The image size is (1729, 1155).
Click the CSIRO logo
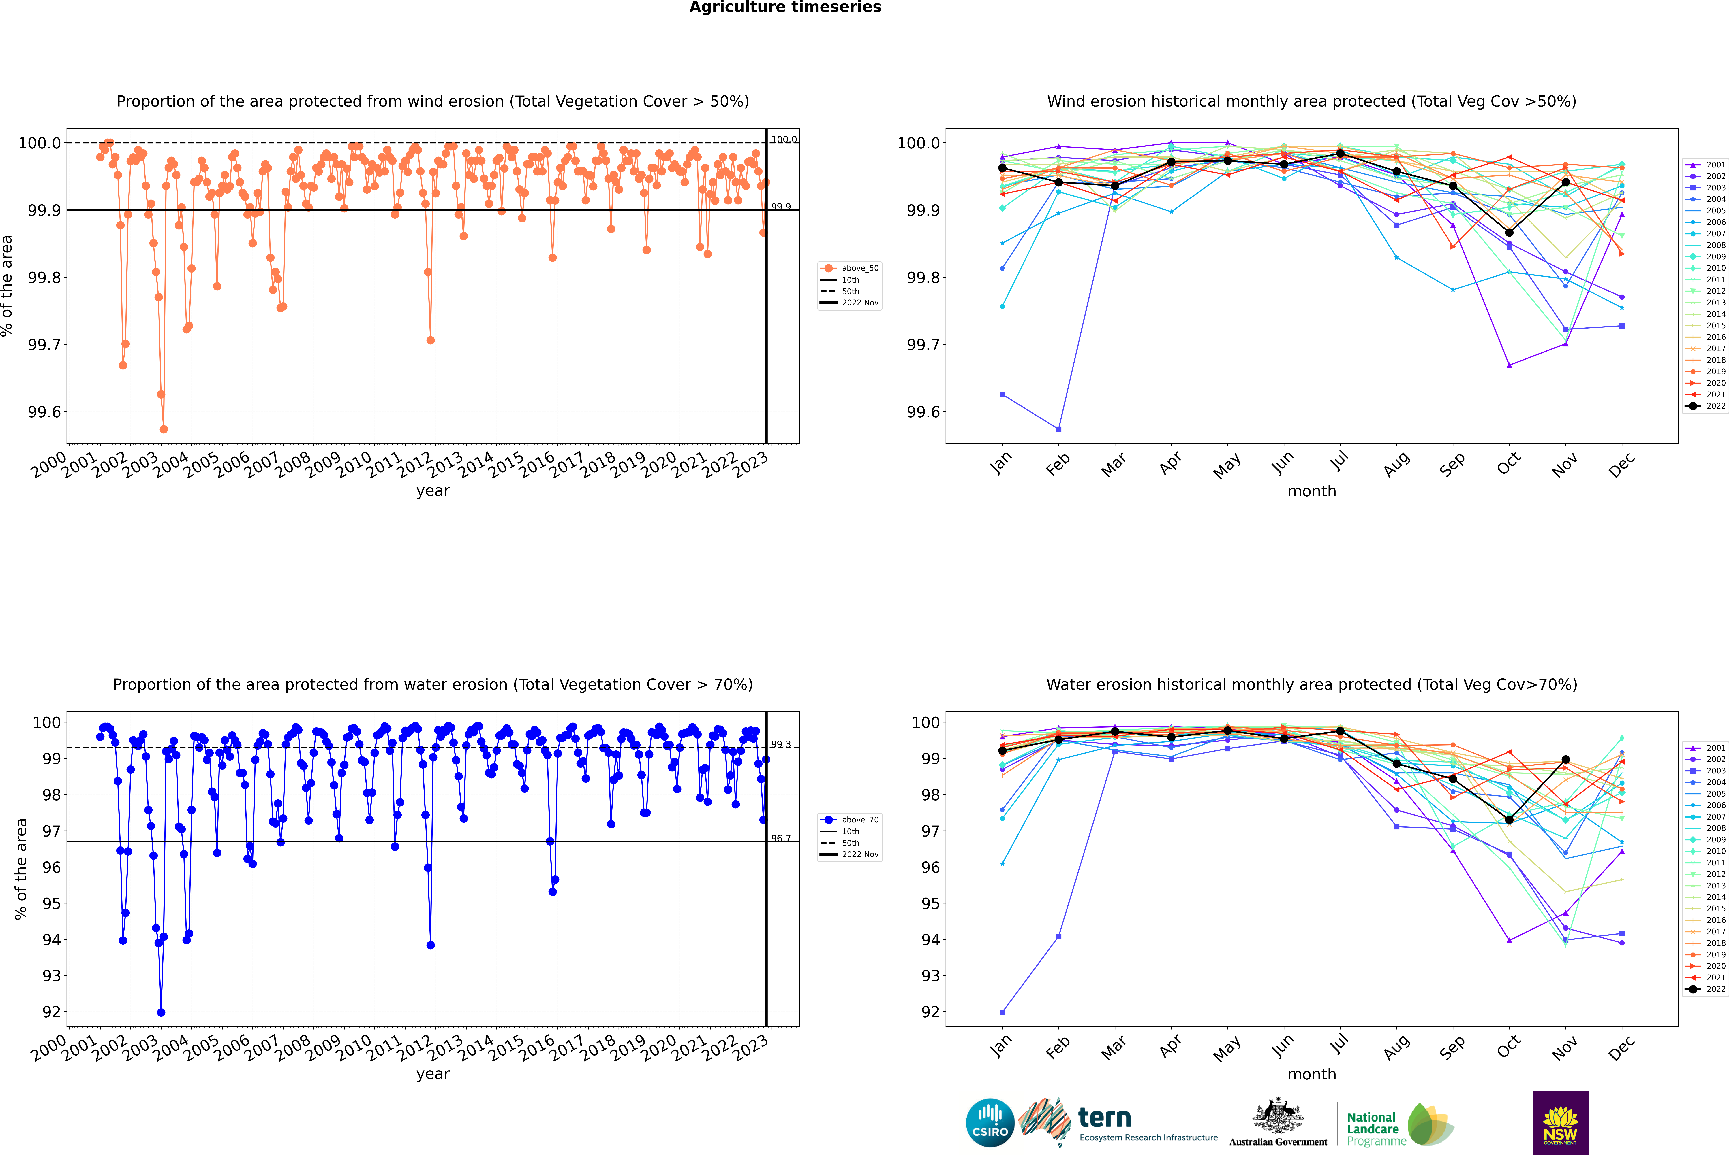tap(990, 1123)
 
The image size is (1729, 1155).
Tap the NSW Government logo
tap(1560, 1123)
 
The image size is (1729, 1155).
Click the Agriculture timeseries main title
tap(785, 7)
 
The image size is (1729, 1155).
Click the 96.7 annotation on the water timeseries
tap(780, 838)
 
